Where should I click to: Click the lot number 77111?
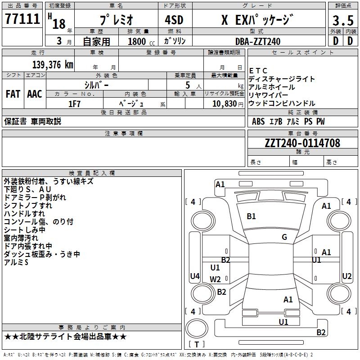pyautogui.click(x=22, y=18)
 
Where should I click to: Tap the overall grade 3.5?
pyautogui.click(x=343, y=21)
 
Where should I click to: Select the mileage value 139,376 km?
pyautogui.click(x=53, y=64)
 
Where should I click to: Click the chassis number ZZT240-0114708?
pyautogui.click(x=302, y=143)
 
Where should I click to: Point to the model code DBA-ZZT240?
pyautogui.click(x=258, y=41)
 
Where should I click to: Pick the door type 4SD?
pyautogui.click(x=174, y=20)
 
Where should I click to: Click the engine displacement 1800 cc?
pyautogui.click(x=141, y=41)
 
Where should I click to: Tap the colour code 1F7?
pyautogui.click(x=75, y=104)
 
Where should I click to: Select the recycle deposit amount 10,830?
pyautogui.click(x=225, y=103)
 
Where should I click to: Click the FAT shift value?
pyautogui.click(x=13, y=94)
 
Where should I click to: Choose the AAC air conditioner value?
pyautogui.click(x=35, y=94)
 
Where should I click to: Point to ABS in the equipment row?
pyautogui.click(x=258, y=121)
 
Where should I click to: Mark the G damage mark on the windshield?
pyautogui.click(x=284, y=237)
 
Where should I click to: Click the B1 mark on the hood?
pyautogui.click(x=251, y=216)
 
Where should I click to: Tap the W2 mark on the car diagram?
pyautogui.click(x=215, y=279)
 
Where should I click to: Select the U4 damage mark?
pyautogui.click(x=195, y=276)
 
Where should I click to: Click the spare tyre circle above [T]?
pyautogui.click(x=197, y=328)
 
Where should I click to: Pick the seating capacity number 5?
pyautogui.click(x=188, y=85)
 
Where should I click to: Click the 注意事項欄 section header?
pyautogui.click(x=124, y=133)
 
